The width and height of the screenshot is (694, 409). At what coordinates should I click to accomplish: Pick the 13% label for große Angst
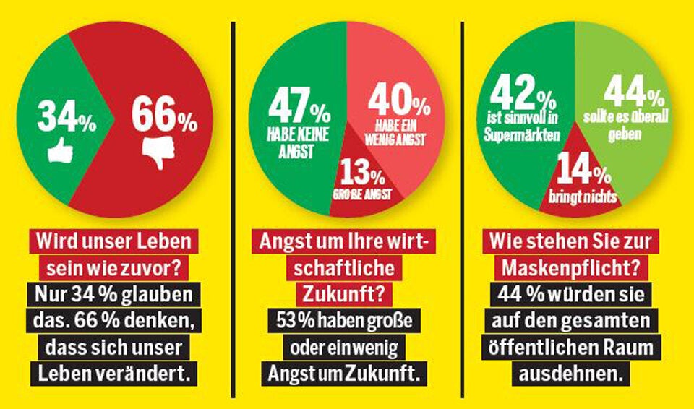coord(360,176)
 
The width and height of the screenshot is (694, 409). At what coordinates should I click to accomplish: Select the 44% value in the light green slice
coord(633,93)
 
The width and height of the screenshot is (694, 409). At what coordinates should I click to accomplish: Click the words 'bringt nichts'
coord(584,197)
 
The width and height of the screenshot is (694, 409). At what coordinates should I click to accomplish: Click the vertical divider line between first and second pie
coord(234,210)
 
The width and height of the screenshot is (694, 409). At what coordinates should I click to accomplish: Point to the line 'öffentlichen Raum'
coord(570,348)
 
